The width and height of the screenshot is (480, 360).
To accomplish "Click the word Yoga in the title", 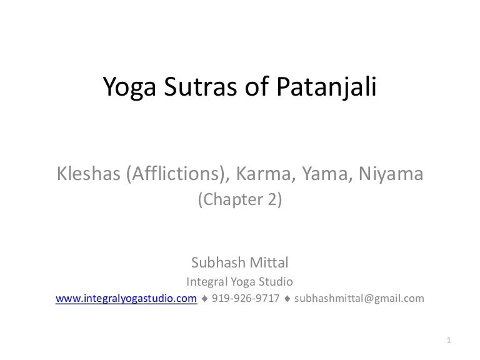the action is (129, 87).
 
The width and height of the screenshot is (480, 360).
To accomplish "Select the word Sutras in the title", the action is (201, 86).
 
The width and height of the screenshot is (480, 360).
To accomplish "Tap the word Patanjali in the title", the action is (326, 87).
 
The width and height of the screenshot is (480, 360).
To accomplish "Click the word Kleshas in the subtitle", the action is (89, 173).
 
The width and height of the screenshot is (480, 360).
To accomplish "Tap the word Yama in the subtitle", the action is (326, 174).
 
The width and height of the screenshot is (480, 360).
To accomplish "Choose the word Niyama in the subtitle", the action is (391, 174).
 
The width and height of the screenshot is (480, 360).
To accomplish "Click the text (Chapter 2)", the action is (240, 199).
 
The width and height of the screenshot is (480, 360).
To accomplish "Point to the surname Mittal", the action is (269, 262).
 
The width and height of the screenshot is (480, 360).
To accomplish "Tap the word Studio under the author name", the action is (276, 282).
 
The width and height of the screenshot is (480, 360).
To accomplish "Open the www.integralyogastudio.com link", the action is (126, 299).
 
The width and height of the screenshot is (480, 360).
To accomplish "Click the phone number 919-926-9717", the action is (246, 298).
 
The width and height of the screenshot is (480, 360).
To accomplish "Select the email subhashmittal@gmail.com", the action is (359, 299).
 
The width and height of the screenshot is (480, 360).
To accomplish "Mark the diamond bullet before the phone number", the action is (204, 299).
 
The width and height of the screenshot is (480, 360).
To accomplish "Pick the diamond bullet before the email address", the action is (287, 299).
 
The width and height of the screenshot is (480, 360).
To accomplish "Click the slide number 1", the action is (449, 340).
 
